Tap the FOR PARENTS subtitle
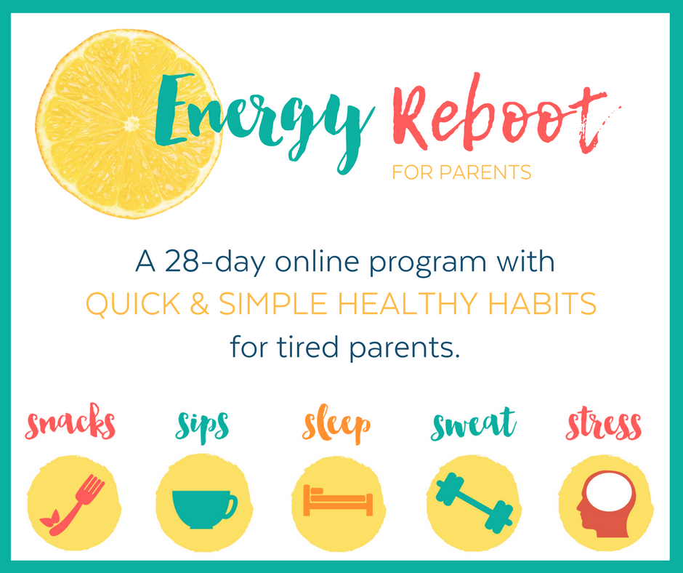pyautogui.click(x=461, y=172)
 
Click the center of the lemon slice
pyautogui.click(x=130, y=124)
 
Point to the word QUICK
pyautogui.click(x=133, y=304)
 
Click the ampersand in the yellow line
pyautogui.click(x=200, y=304)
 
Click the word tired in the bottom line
pyautogui.click(x=307, y=347)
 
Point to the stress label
pyautogui.click(x=604, y=425)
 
